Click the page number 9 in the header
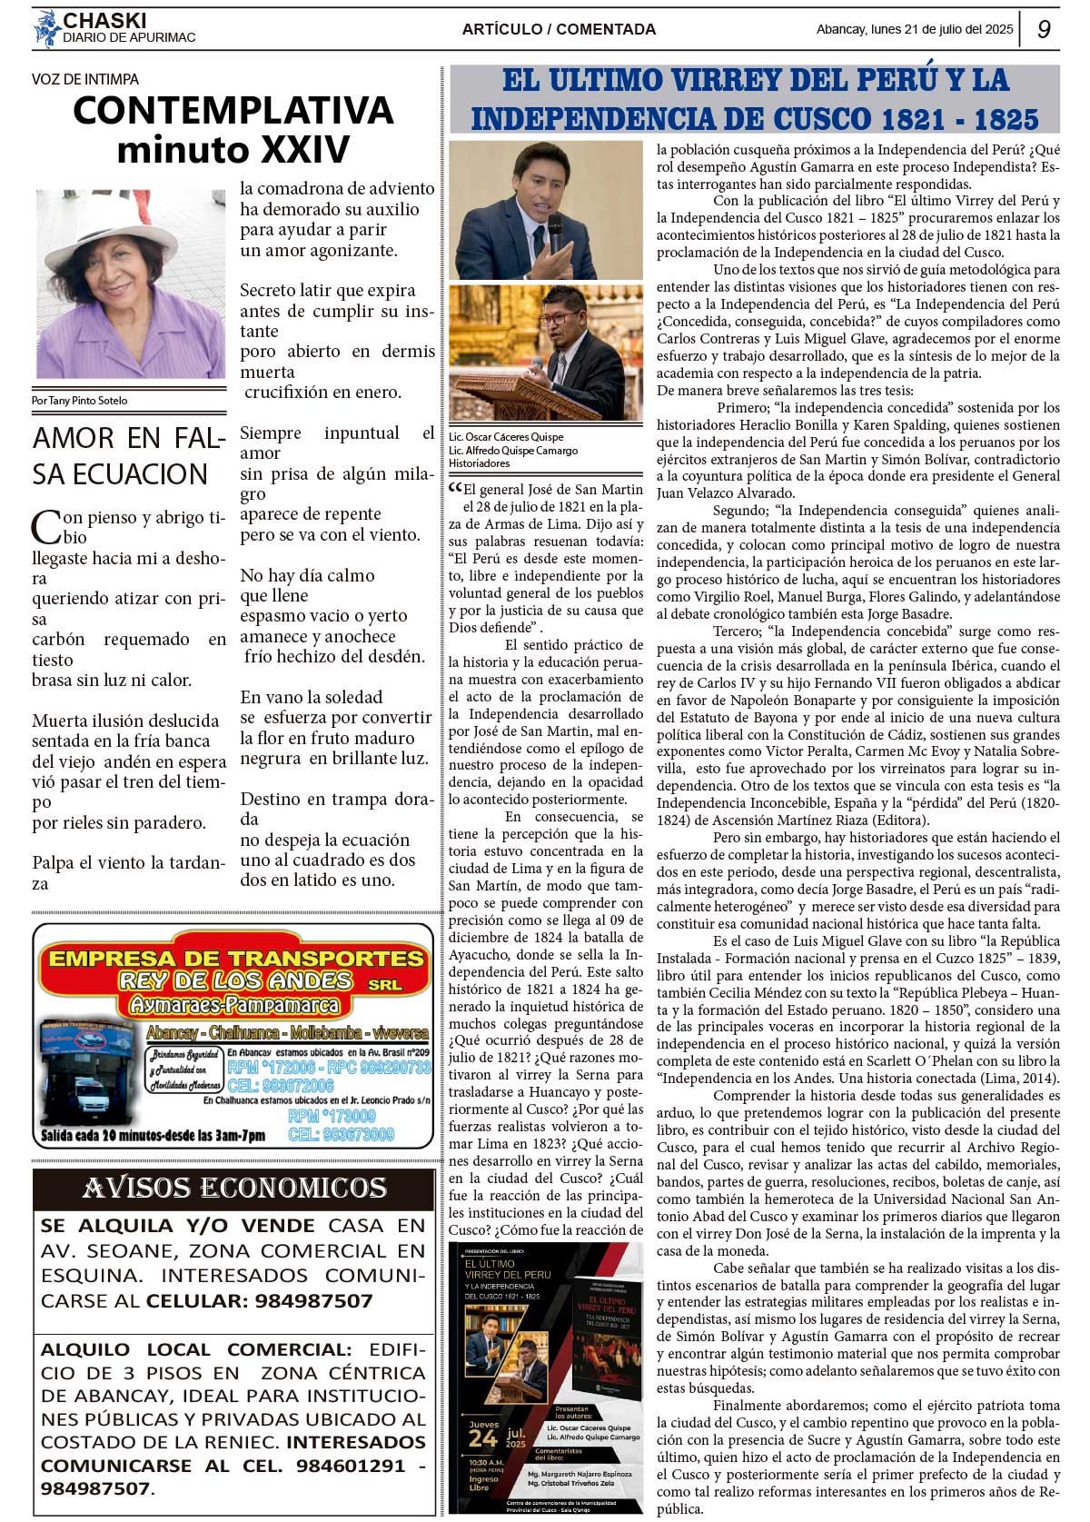[1044, 29]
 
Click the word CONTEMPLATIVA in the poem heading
[233, 111]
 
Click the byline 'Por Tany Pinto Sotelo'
[80, 401]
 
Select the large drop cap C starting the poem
[45, 527]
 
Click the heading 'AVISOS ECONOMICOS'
[234, 1189]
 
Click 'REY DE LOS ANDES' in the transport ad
[235, 980]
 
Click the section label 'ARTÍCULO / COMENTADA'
[559, 29]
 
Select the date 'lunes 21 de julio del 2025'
[941, 29]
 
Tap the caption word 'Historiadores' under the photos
[479, 463]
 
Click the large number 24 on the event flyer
[482, 1437]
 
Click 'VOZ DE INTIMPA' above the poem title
[85, 79]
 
